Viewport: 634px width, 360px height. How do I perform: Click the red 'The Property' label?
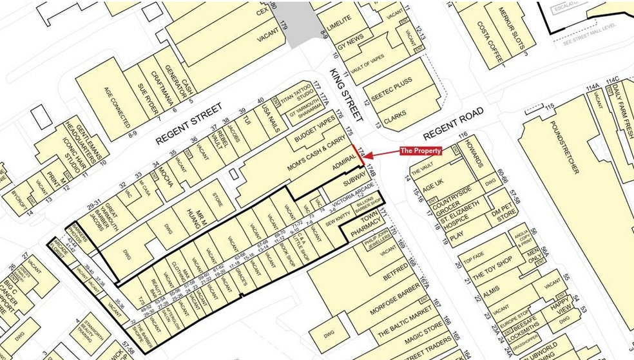pos(421,151)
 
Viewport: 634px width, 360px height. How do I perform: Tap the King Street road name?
pos(345,95)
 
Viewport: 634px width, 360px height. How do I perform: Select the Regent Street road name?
pos(189,123)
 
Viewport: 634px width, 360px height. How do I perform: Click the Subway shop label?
pos(354,183)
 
